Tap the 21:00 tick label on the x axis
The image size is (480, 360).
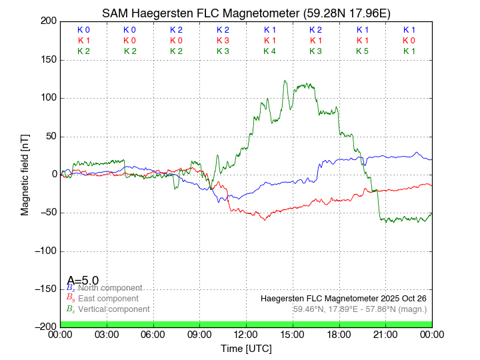click(x=385, y=333)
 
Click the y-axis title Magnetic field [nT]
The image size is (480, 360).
click(x=25, y=174)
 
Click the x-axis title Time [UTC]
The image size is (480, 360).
click(x=246, y=348)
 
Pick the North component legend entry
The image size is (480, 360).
click(x=110, y=288)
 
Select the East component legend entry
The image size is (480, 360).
click(x=108, y=299)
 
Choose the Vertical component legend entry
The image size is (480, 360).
click(x=113, y=309)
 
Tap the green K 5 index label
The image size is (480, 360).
click(x=362, y=51)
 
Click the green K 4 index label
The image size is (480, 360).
click(x=269, y=51)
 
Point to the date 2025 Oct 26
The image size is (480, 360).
click(x=401, y=298)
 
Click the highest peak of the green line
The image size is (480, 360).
click(x=285, y=81)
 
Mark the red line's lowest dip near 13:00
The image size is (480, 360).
click(x=265, y=219)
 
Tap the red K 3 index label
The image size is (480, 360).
click(x=223, y=41)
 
